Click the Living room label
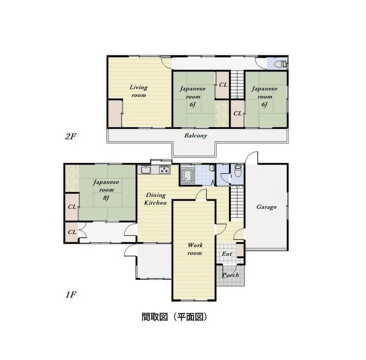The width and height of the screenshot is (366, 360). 138,91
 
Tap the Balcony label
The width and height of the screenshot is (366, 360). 196,136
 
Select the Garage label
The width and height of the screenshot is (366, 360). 266,207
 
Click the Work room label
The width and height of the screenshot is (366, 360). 195,249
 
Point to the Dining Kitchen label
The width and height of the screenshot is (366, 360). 155,199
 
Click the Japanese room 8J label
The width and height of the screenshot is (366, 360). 106,189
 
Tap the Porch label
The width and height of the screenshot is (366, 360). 230,275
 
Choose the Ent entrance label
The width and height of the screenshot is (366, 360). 226,254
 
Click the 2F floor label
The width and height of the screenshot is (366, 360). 70,136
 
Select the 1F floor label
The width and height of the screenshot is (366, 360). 71,295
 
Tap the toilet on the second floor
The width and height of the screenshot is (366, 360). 280,64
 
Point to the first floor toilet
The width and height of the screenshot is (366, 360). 238,171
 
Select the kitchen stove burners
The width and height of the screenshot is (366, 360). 164,169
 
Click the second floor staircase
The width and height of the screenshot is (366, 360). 237,84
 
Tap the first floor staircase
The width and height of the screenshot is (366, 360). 237,202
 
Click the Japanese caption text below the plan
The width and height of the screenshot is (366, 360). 174,317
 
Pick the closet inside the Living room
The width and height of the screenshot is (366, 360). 115,113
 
